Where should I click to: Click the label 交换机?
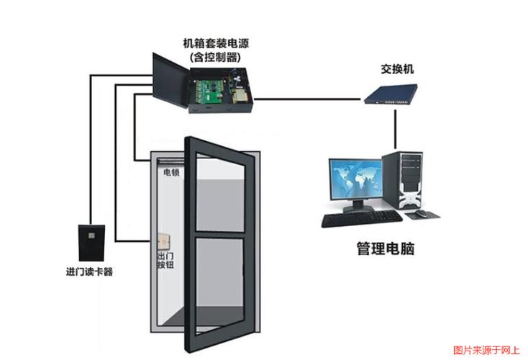pyautogui.click(x=397, y=70)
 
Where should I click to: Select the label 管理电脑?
pyautogui.click(x=386, y=249)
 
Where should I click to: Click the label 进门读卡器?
pyautogui.click(x=89, y=272)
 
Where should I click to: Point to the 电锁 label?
pyautogui.click(x=171, y=173)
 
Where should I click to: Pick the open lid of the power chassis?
pyautogui.click(x=170, y=79)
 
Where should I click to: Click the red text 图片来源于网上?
pyautogui.click(x=486, y=351)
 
